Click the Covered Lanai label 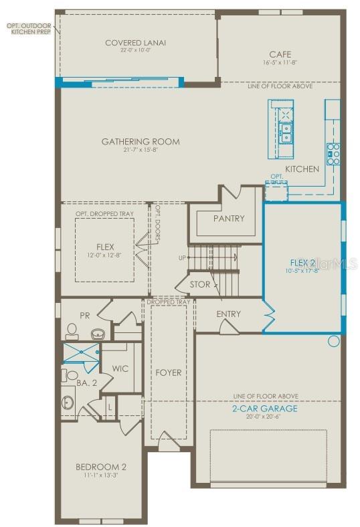click(135, 43)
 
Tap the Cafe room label click(280, 54)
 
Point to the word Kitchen click(302, 169)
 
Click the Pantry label click(229, 219)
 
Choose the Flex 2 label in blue click(302, 263)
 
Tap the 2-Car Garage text click(265, 409)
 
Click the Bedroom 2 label click(101, 466)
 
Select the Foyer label click(169, 373)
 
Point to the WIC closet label click(121, 368)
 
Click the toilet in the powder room click(72, 330)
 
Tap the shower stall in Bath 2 click(80, 352)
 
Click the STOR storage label click(199, 284)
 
